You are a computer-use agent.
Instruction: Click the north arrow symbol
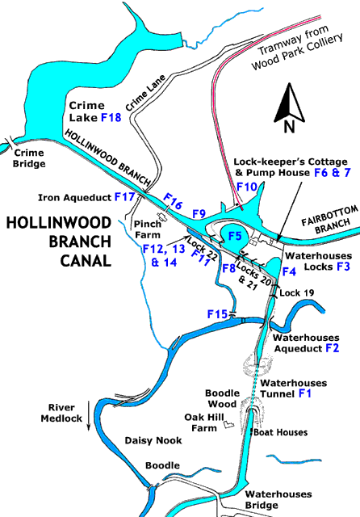289,107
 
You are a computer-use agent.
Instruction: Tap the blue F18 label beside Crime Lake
111,117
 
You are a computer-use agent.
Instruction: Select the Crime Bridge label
29,158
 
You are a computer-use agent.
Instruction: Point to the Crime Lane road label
145,93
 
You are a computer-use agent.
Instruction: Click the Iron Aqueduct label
74,197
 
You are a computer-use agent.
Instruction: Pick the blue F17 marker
124,197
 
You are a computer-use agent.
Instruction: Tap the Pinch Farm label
148,229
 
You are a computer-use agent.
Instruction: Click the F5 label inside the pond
235,236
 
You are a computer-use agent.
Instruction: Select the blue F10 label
247,187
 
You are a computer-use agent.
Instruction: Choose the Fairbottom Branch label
330,221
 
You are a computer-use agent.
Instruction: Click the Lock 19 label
297,292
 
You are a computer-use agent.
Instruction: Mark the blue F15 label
217,314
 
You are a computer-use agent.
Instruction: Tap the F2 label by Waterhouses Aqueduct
332,348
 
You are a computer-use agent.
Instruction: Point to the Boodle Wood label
222,398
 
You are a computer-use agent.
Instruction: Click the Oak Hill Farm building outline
228,424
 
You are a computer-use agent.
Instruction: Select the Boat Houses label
281,432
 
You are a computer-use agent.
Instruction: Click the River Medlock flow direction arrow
88,416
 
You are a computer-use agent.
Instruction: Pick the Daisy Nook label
153,440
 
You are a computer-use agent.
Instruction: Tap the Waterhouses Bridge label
278,499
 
